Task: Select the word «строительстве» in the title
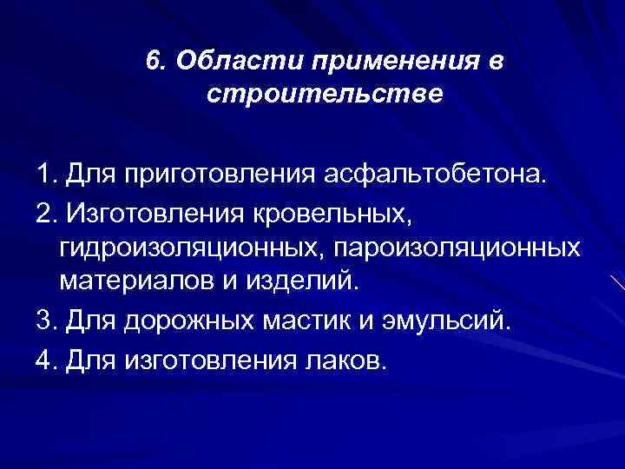pos(325,92)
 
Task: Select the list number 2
pos(46,214)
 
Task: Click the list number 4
pos(46,355)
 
